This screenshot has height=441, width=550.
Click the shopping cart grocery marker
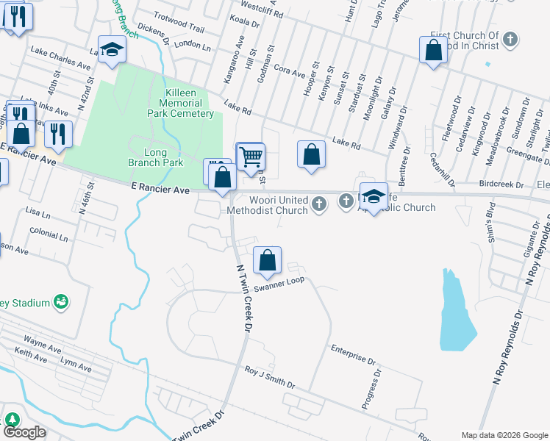[251, 156]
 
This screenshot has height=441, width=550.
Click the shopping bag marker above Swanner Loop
[268, 260]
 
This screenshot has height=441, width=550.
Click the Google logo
[24, 432]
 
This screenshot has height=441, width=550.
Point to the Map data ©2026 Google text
[504, 434]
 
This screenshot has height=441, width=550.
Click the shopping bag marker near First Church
[434, 51]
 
